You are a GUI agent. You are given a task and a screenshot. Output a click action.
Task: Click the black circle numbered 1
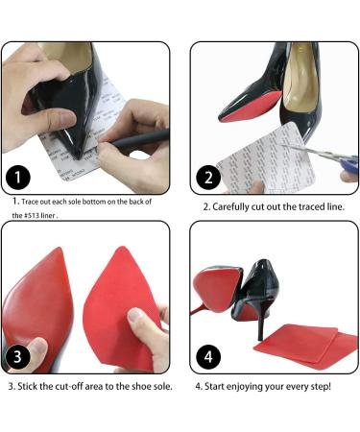pyautogui.click(x=17, y=178)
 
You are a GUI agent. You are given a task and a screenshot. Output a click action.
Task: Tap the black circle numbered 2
pyautogui.click(x=208, y=178)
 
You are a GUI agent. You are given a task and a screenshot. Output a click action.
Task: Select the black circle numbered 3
pyautogui.click(x=17, y=356)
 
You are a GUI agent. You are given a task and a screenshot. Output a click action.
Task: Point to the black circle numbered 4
pyautogui.click(x=208, y=356)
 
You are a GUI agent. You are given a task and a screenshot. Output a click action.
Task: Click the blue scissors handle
pyautogui.click(x=348, y=164)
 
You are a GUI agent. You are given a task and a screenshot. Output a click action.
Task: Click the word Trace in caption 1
pyautogui.click(x=31, y=202)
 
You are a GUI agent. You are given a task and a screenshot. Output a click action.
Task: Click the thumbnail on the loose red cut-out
pyautogui.click(x=135, y=316)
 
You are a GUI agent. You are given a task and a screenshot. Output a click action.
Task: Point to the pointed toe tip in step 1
pyautogui.click(x=77, y=156)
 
